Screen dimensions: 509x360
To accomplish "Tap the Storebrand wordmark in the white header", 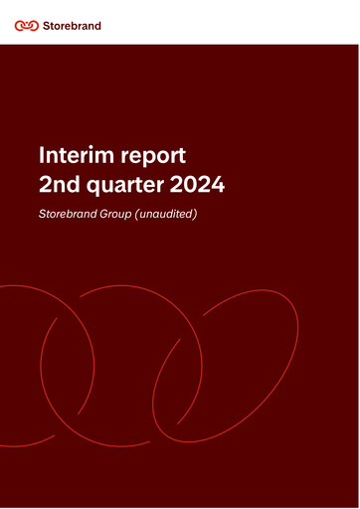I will tap(71, 25).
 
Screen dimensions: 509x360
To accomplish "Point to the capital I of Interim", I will tap(40, 155).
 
